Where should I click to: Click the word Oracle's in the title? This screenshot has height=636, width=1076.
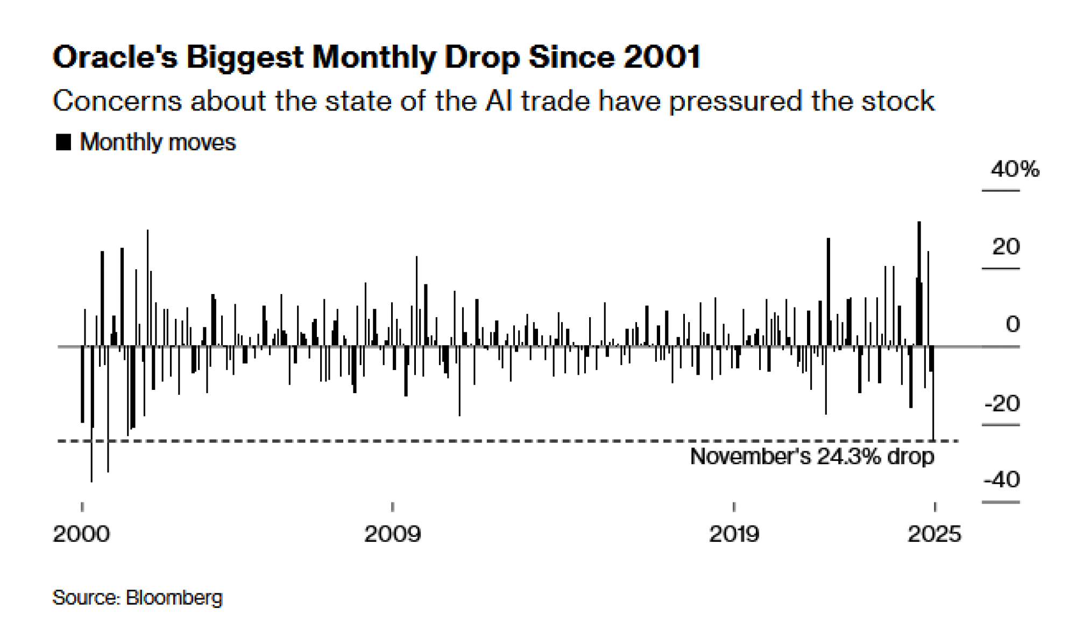click(x=115, y=57)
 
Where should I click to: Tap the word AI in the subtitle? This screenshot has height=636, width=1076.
click(x=498, y=101)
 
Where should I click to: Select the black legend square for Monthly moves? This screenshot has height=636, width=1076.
click(x=63, y=142)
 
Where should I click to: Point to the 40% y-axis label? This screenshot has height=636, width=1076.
click(x=1015, y=170)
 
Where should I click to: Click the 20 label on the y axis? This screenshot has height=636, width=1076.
click(x=1006, y=247)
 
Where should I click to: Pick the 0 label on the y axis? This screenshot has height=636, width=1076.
click(x=1013, y=325)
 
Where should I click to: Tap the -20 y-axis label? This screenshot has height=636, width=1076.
click(x=1002, y=403)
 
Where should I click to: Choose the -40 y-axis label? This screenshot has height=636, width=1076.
click(x=1002, y=480)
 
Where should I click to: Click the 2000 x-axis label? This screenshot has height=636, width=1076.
click(x=81, y=534)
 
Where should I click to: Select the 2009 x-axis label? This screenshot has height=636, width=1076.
click(x=392, y=534)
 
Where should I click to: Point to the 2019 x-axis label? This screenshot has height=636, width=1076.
click(x=734, y=534)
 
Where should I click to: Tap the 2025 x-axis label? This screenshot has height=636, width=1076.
click(x=935, y=534)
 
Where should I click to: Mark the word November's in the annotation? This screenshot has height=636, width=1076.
click(x=750, y=457)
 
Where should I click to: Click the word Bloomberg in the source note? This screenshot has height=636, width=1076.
click(x=174, y=598)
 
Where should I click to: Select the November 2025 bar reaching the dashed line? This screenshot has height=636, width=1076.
click(x=933, y=393)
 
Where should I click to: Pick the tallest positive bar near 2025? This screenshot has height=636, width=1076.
click(x=919, y=283)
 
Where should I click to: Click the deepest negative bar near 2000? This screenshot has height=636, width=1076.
click(x=91, y=415)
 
